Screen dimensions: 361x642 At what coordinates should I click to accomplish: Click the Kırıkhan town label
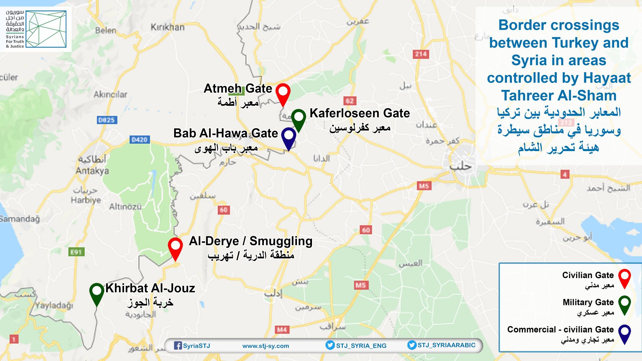coord(168,27)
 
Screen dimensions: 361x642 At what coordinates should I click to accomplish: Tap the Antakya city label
coord(92,171)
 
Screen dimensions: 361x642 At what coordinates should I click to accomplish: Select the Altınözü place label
coord(125,207)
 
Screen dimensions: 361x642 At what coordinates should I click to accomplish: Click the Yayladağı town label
coord(54,305)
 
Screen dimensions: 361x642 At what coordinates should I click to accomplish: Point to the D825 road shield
coord(106,120)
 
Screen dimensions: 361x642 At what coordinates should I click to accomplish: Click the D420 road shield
coord(139,139)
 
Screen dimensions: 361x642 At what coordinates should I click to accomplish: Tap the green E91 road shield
coord(76,252)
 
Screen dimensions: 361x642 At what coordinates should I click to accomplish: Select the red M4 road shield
coord(282,330)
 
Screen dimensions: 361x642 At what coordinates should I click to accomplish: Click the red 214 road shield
coord(421,54)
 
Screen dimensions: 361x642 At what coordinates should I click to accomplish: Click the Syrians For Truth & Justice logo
coord(36,29)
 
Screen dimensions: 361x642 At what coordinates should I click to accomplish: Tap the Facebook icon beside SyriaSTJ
coord(178,346)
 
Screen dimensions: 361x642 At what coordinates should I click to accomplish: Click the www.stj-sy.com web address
coord(265,346)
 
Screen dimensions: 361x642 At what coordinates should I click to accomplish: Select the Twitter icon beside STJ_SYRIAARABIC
coord(412,345)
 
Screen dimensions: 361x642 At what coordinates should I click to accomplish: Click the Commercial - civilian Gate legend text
coord(560,330)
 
